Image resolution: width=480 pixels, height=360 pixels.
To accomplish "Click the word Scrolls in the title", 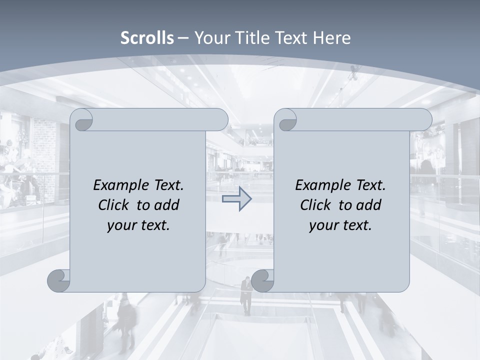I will [147, 38].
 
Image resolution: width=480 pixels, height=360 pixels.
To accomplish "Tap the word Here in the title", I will [332, 38].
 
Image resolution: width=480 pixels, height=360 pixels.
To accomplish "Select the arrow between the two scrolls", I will [236, 199].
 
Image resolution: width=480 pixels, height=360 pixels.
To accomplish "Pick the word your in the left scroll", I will [121, 226].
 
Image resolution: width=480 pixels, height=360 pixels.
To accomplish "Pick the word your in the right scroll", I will [323, 226].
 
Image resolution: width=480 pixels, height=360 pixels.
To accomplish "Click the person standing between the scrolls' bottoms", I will [246, 295].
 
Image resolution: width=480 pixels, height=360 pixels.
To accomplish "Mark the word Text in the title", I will [290, 38].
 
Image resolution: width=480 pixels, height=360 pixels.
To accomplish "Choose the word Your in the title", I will [209, 38].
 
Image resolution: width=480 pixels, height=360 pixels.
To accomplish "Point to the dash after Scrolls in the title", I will [183, 38].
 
